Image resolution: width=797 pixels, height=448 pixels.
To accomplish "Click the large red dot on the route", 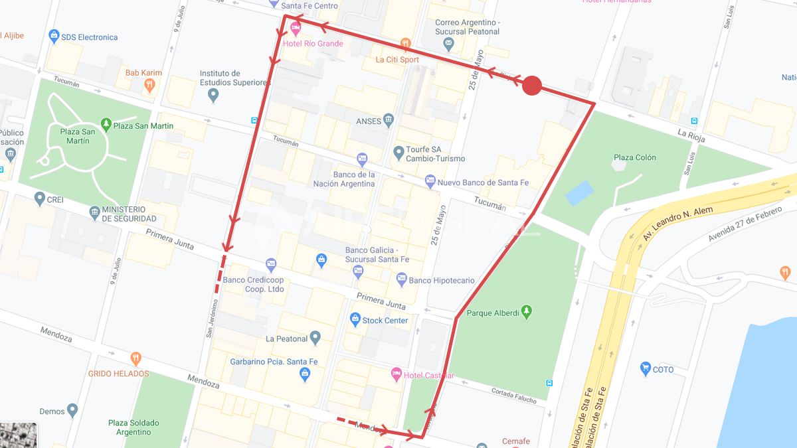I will (532, 86).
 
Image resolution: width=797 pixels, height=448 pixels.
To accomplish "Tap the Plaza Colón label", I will (634, 157).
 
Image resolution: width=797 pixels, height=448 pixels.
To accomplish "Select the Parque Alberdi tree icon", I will (527, 311).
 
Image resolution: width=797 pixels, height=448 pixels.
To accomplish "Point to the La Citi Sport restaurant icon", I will (406, 44).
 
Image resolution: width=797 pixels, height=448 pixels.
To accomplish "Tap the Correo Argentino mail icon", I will (449, 44).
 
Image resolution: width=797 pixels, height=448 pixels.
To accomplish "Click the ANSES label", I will (369, 121).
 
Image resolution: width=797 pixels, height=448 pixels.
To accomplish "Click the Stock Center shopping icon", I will (355, 320).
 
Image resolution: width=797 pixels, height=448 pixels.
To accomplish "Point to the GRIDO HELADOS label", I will (118, 374).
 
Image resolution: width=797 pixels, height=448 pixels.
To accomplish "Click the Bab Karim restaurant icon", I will (150, 85).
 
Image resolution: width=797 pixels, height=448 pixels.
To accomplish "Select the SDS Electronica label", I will (89, 37).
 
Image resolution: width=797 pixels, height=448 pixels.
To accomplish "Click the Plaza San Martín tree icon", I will (106, 124).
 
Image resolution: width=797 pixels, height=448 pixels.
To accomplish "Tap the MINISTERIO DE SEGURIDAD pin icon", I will (94, 212).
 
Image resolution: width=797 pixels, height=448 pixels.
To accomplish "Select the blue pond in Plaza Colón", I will (578, 192).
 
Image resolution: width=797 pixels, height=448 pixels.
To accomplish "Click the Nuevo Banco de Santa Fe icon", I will (430, 181).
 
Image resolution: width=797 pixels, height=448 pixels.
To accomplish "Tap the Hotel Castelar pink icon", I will (397, 375).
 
